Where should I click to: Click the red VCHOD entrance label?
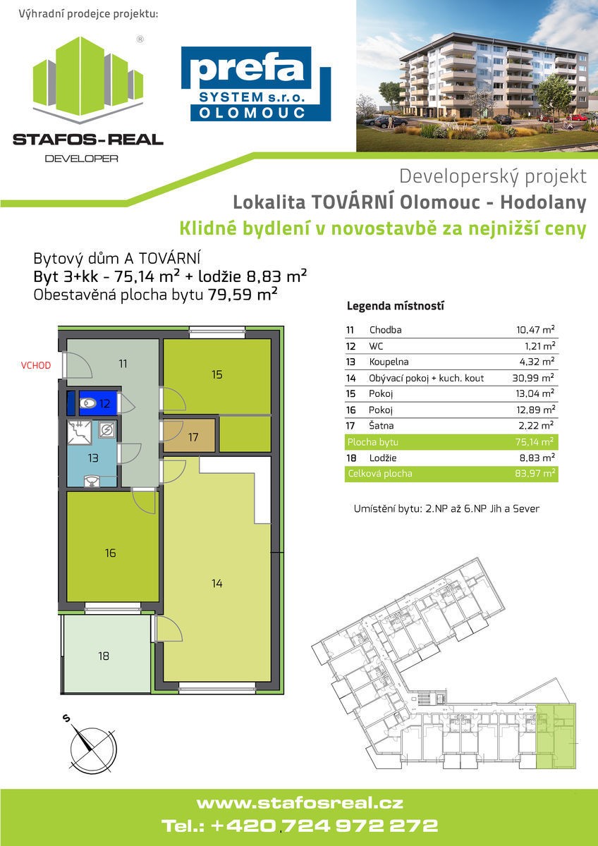click(x=36, y=366)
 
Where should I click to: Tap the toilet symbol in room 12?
click(x=88, y=404)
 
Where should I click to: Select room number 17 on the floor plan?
click(x=193, y=437)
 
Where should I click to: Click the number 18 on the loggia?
click(x=104, y=656)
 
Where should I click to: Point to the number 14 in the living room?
click(x=216, y=583)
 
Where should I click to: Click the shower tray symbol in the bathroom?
click(x=79, y=432)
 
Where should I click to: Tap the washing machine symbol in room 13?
click(x=107, y=430)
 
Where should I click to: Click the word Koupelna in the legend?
click(x=389, y=362)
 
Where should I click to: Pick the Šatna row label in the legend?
click(x=382, y=426)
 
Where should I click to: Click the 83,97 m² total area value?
click(x=535, y=473)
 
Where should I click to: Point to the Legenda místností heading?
click(x=396, y=306)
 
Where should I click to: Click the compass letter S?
click(x=66, y=718)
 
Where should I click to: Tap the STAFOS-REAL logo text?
click(x=88, y=140)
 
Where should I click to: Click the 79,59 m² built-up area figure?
click(x=243, y=294)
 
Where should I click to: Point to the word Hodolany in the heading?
click(x=543, y=202)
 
